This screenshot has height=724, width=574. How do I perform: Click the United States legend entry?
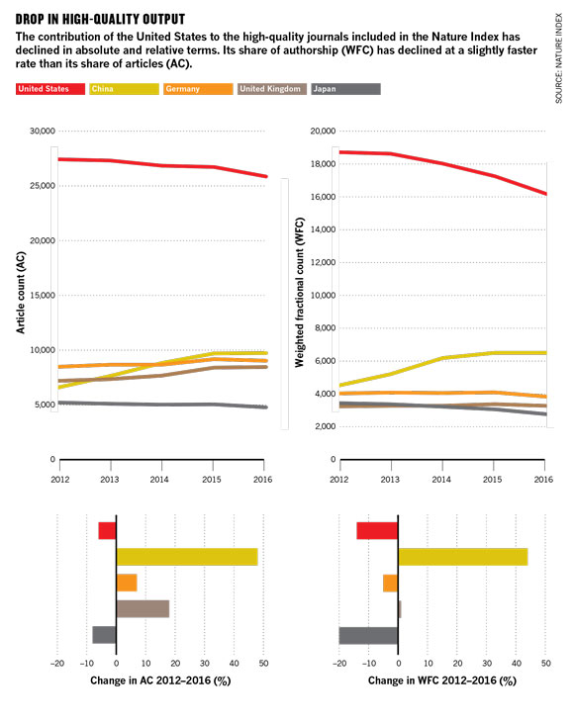pyautogui.click(x=50, y=89)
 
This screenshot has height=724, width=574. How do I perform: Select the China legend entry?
pyautogui.click(x=125, y=89)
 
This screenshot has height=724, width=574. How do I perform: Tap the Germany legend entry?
pyautogui.click(x=198, y=89)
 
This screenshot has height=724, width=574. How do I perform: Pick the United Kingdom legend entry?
pyautogui.click(x=272, y=89)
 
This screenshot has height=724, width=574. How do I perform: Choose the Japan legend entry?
pyautogui.click(x=346, y=89)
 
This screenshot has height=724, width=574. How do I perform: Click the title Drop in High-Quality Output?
pyautogui.click(x=100, y=20)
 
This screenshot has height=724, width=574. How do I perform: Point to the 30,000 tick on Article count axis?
pyautogui.click(x=43, y=132)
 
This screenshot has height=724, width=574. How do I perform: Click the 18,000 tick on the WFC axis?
pyautogui.click(x=323, y=164)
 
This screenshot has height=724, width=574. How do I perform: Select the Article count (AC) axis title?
pyautogui.click(x=21, y=293)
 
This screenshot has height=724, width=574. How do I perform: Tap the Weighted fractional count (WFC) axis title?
pyautogui.click(x=300, y=293)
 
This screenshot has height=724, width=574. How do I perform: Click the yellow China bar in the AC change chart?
pyautogui.click(x=187, y=557)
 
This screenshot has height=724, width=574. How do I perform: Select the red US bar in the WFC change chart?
pyautogui.click(x=377, y=530)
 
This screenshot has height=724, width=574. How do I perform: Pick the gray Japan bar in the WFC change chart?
pyautogui.click(x=368, y=635)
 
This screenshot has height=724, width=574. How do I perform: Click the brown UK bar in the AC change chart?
pyautogui.click(x=143, y=609)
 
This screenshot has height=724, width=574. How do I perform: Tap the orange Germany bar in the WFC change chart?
pyautogui.click(x=391, y=584)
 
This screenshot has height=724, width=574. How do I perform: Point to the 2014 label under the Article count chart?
pyautogui.click(x=159, y=480)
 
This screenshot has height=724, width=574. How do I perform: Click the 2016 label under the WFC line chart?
pyautogui.click(x=543, y=480)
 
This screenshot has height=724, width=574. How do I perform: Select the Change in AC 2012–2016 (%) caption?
pyautogui.click(x=160, y=680)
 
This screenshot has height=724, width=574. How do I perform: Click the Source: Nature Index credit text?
pyautogui.click(x=559, y=58)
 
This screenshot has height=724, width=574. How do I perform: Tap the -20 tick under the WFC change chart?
pyautogui.click(x=339, y=663)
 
